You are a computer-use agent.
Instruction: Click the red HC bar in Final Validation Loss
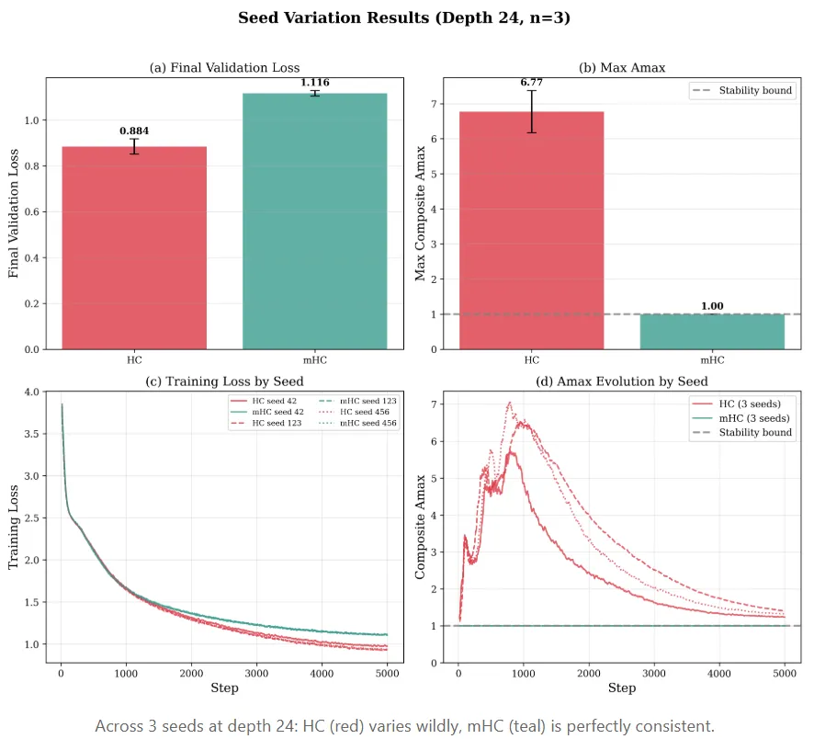pos(134,247)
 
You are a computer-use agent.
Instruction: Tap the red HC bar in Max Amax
pos(532,230)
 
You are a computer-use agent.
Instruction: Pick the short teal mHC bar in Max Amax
pos(712,331)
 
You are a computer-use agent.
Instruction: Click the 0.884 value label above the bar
pos(134,131)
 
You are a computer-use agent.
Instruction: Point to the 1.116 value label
pos(314,83)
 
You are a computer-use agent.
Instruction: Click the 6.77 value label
pos(532,83)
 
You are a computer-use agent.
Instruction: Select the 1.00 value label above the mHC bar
pos(712,305)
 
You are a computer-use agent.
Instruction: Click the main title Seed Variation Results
pos(404,18)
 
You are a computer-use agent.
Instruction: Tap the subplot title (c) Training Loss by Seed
pos(225,381)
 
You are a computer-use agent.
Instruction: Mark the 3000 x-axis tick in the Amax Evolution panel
pos(653,674)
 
